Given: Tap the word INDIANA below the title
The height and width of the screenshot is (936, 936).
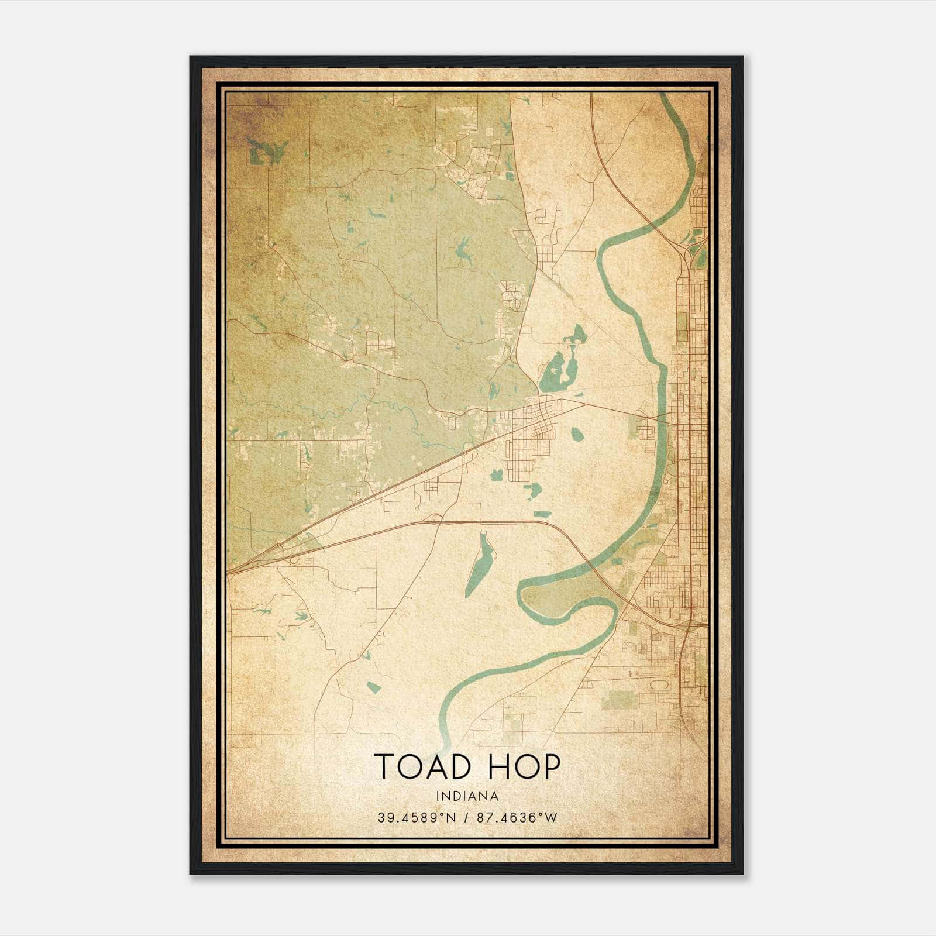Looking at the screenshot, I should (x=467, y=796).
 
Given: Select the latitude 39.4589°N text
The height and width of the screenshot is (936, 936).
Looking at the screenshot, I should (x=416, y=818).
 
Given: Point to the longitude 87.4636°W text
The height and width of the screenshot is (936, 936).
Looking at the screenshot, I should (x=515, y=818).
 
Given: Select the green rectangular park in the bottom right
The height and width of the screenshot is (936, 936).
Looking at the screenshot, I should (x=618, y=699).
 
